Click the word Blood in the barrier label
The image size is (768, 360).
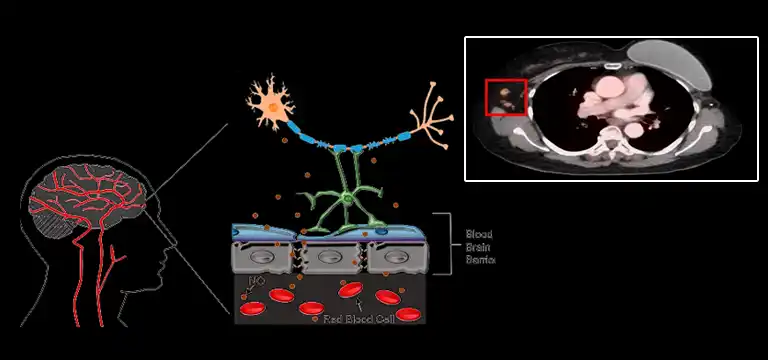tap(479, 235)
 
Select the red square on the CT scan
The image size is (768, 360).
tap(506, 98)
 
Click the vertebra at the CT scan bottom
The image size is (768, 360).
tap(611, 150)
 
